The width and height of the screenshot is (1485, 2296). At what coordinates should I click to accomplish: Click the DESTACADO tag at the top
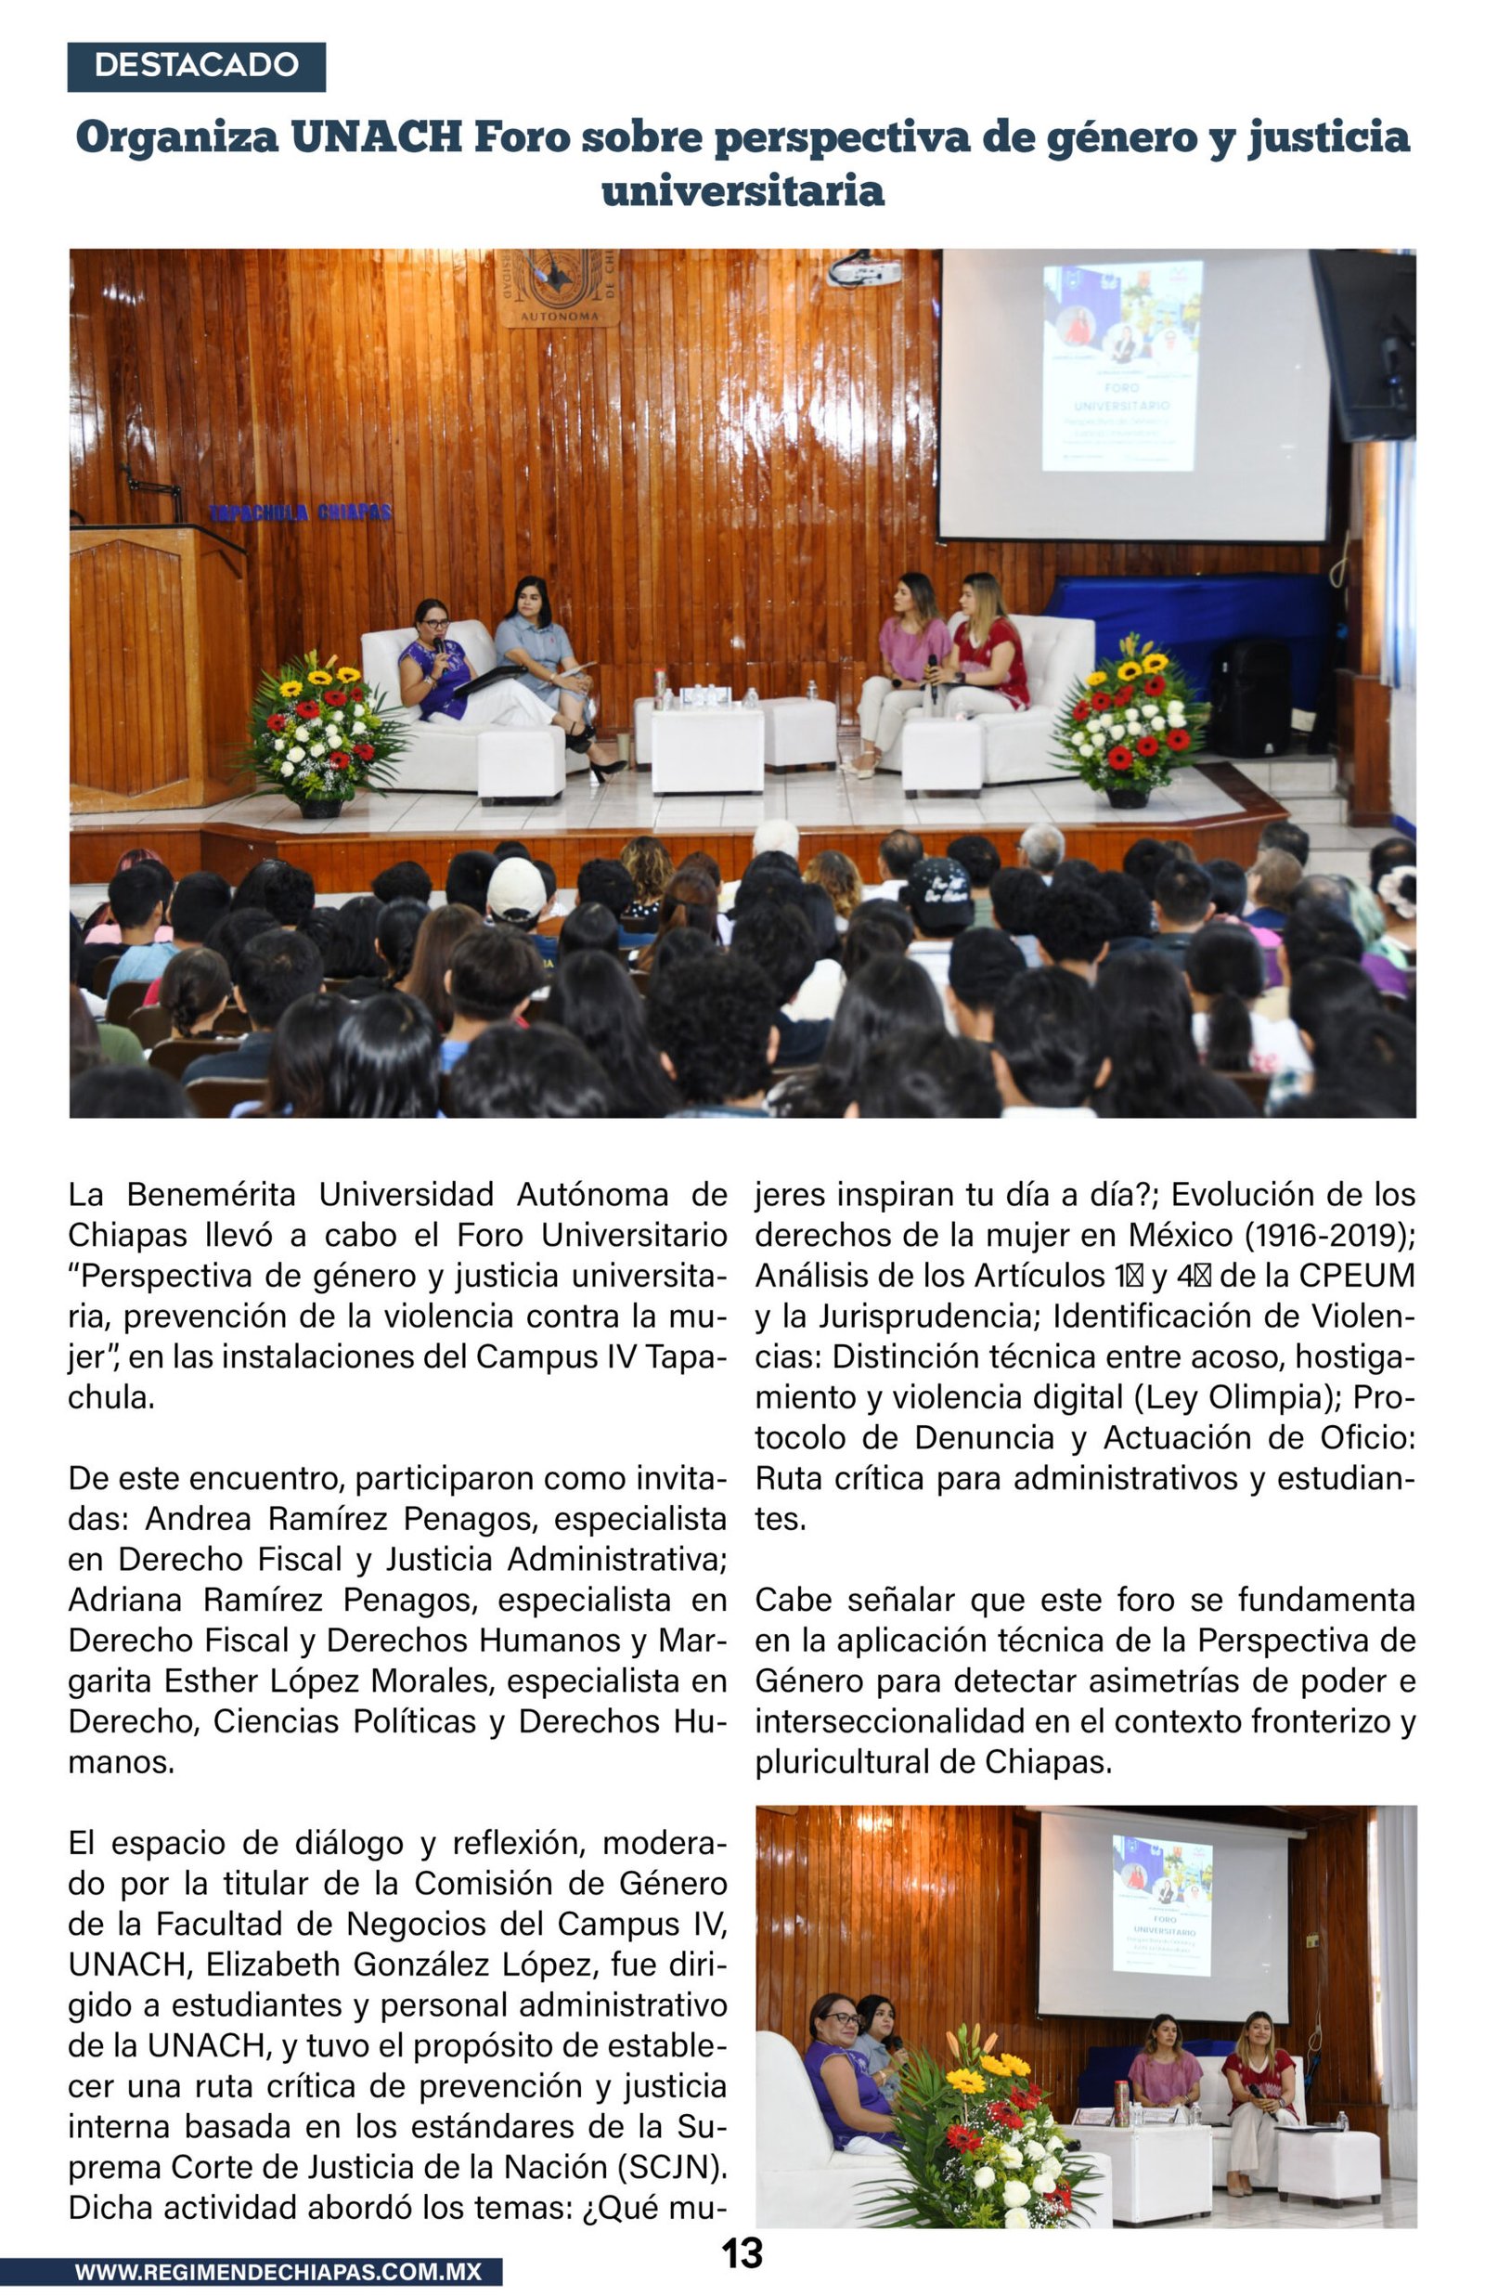[x=196, y=66]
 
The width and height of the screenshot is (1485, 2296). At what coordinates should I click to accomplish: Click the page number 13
[x=742, y=2253]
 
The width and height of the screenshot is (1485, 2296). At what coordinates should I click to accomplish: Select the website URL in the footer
[x=278, y=2272]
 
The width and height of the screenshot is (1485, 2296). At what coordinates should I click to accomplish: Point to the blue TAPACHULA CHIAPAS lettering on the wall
[x=300, y=512]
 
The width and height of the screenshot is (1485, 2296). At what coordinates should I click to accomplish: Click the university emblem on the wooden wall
[x=560, y=286]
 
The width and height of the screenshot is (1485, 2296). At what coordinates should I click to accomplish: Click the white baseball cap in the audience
[x=517, y=889]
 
